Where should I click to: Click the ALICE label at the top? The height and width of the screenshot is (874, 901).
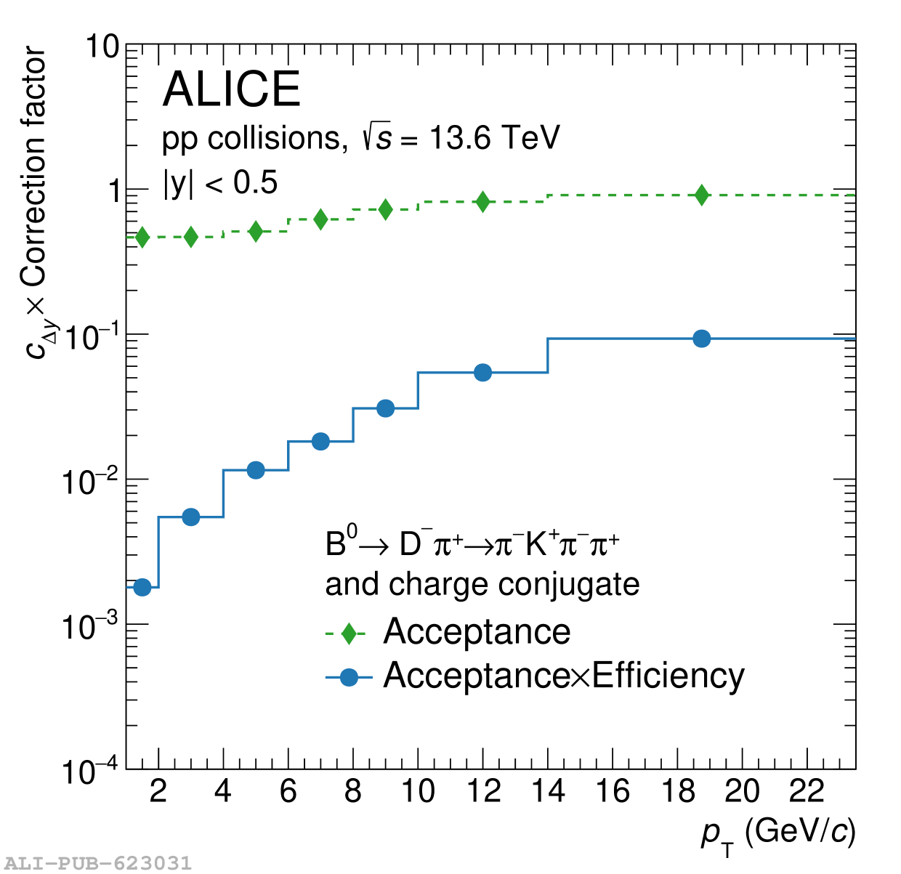(231, 89)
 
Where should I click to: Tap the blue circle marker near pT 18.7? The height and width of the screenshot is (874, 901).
(701, 339)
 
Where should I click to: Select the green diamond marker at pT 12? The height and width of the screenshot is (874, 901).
(482, 201)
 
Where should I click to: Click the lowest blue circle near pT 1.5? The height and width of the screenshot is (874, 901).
(142, 587)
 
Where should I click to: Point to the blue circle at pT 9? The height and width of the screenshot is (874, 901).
(386, 408)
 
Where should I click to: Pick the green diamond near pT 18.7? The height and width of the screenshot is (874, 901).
(701, 195)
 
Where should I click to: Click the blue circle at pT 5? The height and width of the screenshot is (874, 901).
(256, 470)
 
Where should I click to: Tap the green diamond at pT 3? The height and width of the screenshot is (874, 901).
(190, 237)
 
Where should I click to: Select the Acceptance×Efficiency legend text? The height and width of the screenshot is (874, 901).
(564, 676)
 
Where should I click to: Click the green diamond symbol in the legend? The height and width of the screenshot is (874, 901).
(349, 634)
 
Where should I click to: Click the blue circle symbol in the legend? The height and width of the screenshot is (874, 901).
(349, 677)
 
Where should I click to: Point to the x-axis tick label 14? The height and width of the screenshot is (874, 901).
(547, 791)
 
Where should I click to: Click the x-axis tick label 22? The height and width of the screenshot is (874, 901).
(807, 791)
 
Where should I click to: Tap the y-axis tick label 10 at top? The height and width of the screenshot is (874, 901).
(102, 47)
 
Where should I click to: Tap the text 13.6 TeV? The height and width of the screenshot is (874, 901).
(494, 137)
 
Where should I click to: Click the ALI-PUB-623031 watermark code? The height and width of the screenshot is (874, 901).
(97, 863)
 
